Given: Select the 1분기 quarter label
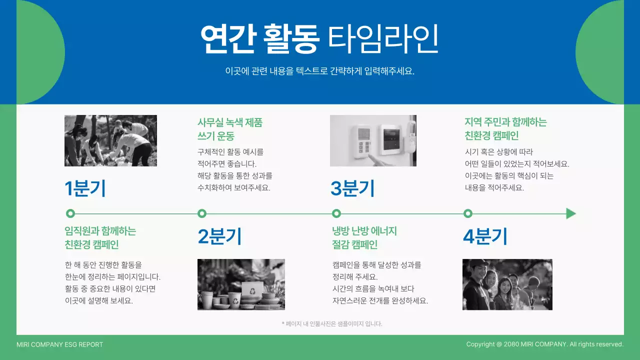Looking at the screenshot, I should (x=85, y=188).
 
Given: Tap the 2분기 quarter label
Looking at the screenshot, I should (x=219, y=236).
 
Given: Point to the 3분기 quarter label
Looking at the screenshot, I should (x=352, y=188).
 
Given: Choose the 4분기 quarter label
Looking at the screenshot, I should (x=485, y=236).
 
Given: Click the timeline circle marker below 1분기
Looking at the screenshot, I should (x=70, y=213).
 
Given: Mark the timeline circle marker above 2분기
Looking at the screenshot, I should (x=202, y=213).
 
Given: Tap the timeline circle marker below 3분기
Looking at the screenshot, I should (x=336, y=213).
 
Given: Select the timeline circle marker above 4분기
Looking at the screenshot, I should (x=468, y=213).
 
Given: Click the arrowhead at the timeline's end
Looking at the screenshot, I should (x=570, y=213).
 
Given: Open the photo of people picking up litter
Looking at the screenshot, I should (x=110, y=140).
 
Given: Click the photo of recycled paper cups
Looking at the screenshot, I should (x=241, y=284).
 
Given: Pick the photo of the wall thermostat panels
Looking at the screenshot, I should (x=373, y=140).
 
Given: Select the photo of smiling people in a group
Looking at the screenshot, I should (x=507, y=284).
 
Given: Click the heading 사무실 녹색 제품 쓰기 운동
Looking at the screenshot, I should (x=230, y=129).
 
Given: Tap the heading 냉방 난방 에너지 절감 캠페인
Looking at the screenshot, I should (x=364, y=238).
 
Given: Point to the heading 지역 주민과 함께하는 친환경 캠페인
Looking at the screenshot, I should (x=505, y=129).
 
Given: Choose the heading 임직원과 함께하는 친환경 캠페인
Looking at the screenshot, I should (x=100, y=238).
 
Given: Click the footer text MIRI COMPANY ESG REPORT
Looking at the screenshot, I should (x=59, y=344).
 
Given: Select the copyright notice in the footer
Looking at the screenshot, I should (x=544, y=344).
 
